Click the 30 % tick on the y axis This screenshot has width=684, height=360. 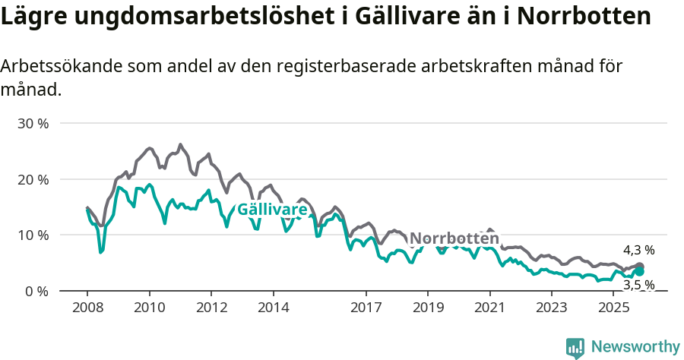pyautogui.click(x=33, y=123)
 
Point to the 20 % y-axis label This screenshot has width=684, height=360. pyautogui.click(x=33, y=179)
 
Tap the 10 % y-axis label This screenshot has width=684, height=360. pyautogui.click(x=33, y=235)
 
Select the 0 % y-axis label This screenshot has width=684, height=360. pyautogui.click(x=36, y=291)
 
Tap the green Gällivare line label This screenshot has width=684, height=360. pyautogui.click(x=272, y=210)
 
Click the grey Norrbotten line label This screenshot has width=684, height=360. pyautogui.click(x=454, y=238)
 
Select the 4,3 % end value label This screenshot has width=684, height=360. pyautogui.click(x=638, y=250)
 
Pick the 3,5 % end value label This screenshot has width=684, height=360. pyautogui.click(x=638, y=285)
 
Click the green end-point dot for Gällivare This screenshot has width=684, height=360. pyautogui.click(x=639, y=271)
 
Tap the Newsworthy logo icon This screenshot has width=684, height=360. pyautogui.click(x=575, y=348)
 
